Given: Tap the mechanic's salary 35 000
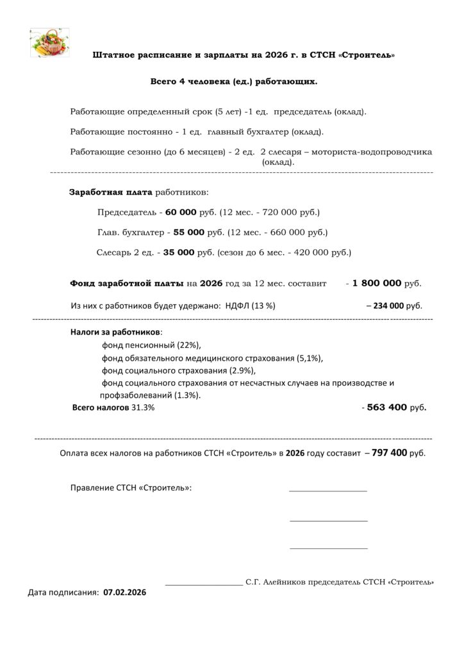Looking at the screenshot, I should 178,252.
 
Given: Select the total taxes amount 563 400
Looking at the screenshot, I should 388,407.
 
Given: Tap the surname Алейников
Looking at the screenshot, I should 282,583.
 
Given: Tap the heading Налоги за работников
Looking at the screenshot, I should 115,332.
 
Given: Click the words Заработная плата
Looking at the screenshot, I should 111,192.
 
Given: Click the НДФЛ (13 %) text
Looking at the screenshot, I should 251,306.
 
